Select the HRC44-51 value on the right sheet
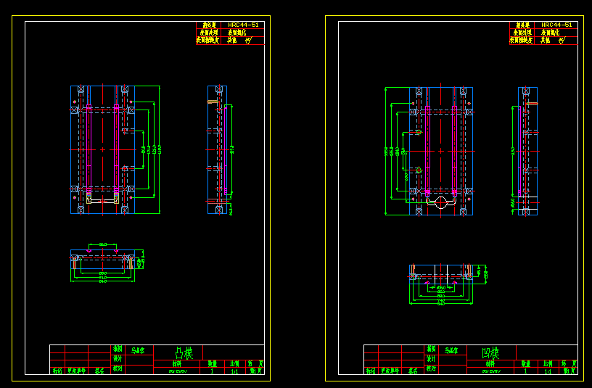click(556, 25)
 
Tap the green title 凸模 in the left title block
click(184, 353)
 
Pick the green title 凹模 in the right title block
click(491, 353)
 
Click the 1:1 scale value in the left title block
click(234, 371)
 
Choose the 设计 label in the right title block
click(431, 358)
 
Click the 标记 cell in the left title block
click(57, 371)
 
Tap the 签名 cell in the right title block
click(413, 371)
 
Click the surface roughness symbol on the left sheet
click(248, 41)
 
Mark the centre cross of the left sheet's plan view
click(102, 149)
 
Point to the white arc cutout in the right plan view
click(440, 202)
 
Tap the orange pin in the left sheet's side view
click(213, 102)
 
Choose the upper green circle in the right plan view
click(419, 133)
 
